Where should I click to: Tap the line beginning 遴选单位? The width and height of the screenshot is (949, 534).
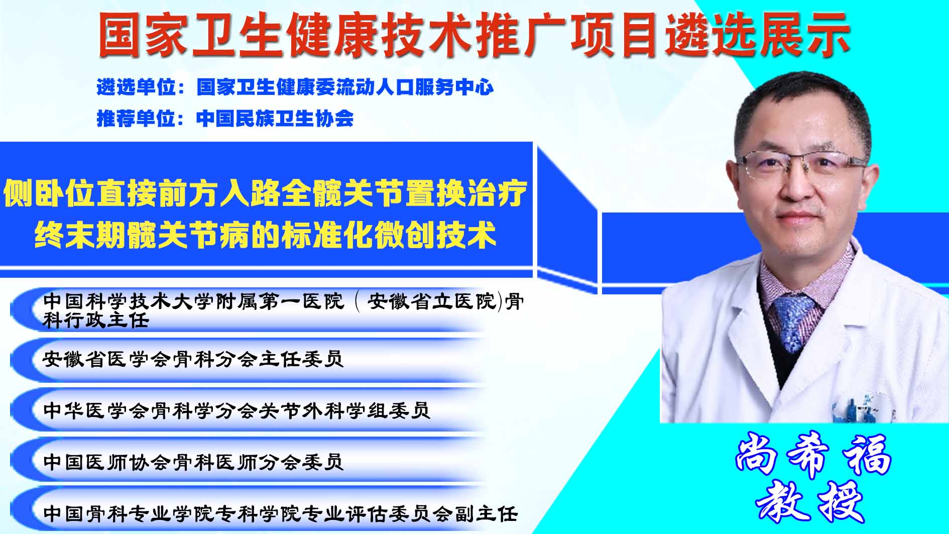pos(295,87)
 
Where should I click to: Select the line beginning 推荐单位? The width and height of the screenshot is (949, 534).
pos(225,119)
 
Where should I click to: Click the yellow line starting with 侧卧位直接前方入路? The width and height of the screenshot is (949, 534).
pos(265,193)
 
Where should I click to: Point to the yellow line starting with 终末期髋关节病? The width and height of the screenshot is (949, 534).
pos(265,235)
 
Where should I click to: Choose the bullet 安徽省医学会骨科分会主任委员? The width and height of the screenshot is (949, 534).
pos(193,359)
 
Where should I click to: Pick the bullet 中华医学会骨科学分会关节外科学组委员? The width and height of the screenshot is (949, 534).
pos(236,410)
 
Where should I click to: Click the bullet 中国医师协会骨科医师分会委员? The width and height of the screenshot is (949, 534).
pos(193,462)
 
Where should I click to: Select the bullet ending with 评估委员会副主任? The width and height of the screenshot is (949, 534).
pos(280,513)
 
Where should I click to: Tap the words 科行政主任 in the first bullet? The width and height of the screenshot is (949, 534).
pos(95,320)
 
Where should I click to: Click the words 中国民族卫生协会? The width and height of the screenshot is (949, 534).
pos(275,119)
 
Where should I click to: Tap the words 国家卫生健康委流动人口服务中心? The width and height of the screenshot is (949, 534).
pos(345,87)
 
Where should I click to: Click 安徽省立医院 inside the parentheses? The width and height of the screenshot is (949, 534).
pos(431,302)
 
